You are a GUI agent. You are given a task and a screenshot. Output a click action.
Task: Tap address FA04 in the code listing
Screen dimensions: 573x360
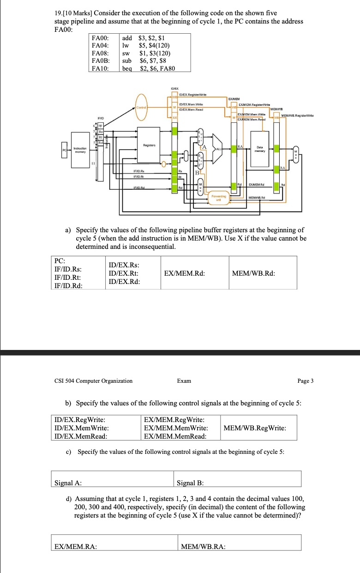[100, 46]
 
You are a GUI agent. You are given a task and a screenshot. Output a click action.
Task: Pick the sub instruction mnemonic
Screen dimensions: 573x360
[127, 61]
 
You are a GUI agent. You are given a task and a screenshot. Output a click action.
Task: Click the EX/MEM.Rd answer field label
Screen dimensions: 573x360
[184, 273]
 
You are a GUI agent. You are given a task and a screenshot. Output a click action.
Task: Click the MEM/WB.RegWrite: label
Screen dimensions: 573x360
[254, 428]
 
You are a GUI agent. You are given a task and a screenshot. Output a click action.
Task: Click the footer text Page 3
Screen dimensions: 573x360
[306, 381]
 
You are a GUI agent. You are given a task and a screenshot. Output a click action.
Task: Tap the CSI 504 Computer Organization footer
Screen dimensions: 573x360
[93, 381]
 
